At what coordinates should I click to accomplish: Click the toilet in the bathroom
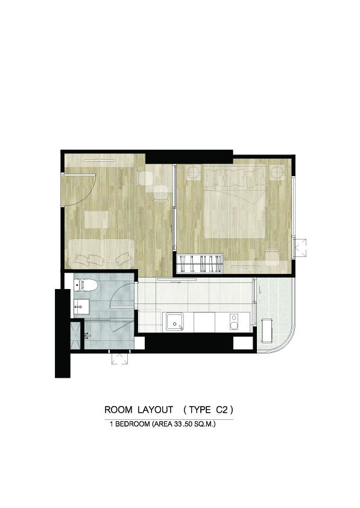coord(86,285)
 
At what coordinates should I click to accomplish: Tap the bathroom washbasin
coord(81,306)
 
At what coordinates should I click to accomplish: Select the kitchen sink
coord(175,322)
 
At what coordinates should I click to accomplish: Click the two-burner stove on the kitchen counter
coord(234,322)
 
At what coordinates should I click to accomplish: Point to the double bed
coord(235,202)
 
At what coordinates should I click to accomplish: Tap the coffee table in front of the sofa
coord(96,220)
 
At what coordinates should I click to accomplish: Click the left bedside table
coord(194,172)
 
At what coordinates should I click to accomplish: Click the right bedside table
coord(277,172)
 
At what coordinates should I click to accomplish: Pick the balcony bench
coord(267,330)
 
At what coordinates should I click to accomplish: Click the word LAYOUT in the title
coord(155,410)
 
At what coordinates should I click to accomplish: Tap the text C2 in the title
coord(222,410)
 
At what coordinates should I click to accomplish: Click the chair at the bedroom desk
coord(273,256)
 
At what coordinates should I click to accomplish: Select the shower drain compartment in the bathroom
coord(76,335)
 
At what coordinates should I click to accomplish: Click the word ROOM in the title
coord(118,410)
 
